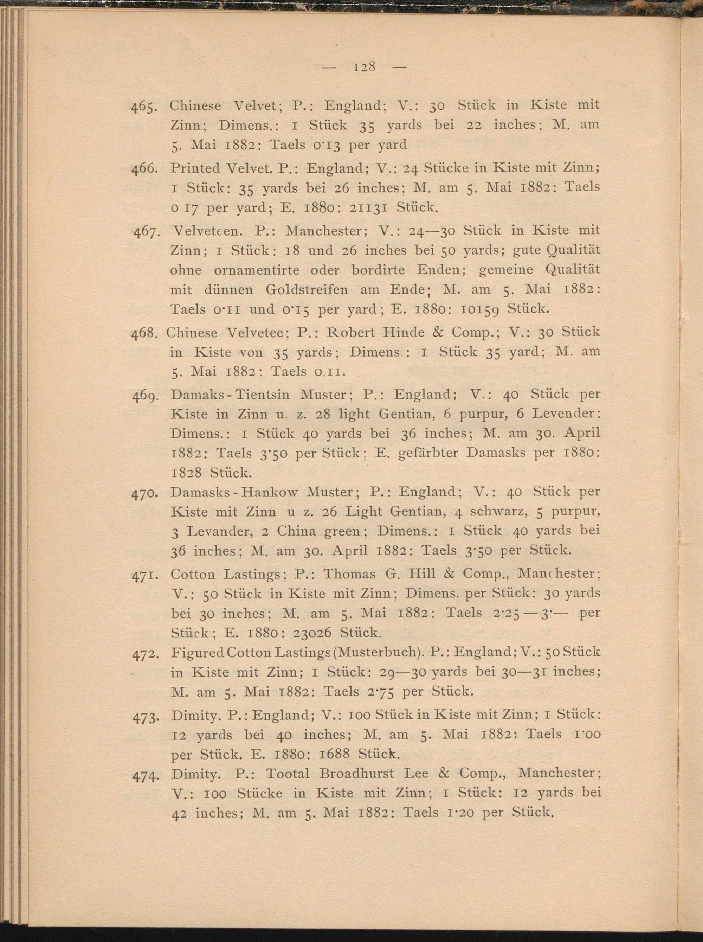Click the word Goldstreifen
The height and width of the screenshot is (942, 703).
click(307, 289)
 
